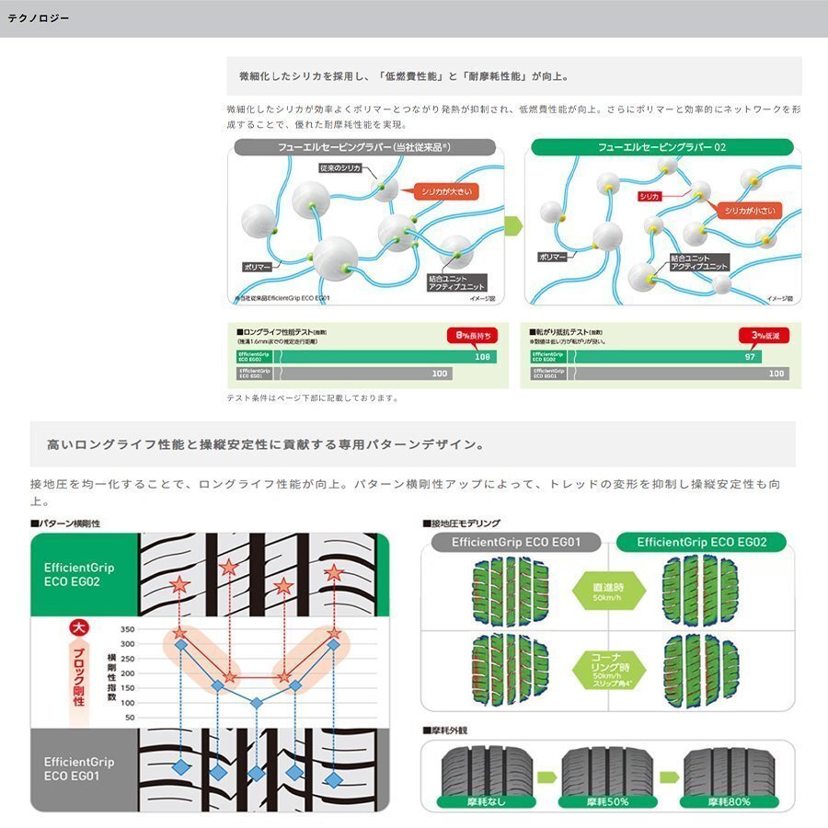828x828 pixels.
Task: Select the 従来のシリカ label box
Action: coord(341,168)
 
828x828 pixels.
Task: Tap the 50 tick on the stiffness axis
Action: coord(129,717)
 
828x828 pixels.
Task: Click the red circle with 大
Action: coord(79,630)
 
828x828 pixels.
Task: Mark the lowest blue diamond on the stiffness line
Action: coord(257,702)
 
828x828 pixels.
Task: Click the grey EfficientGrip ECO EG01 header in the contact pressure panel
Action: coord(514,542)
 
